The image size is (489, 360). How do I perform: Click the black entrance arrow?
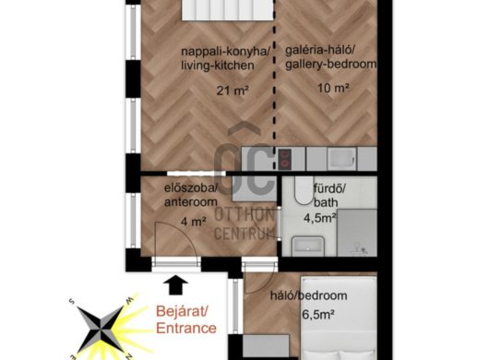[x=176, y=285]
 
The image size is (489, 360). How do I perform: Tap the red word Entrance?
[x=186, y=329]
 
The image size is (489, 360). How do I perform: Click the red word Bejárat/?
[x=182, y=311]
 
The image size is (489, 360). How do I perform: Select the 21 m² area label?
[x=233, y=90]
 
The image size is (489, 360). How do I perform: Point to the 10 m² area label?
[x=333, y=88]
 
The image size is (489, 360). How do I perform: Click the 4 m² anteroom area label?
[x=194, y=222]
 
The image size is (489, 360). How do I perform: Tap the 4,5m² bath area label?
[x=320, y=218]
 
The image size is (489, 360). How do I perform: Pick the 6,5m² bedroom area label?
[x=318, y=314]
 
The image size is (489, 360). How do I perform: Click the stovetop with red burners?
[x=284, y=159]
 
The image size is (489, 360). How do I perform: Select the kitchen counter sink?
[x=341, y=159]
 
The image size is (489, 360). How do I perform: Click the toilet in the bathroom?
[x=304, y=190]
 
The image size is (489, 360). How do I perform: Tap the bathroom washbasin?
[x=308, y=246]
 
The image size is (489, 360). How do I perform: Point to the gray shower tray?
[x=357, y=233]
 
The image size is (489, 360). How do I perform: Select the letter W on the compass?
[x=129, y=300]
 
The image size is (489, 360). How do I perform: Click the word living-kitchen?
[x=218, y=66]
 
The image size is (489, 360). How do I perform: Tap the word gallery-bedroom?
[x=331, y=64]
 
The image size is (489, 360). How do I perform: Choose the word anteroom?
[x=191, y=202]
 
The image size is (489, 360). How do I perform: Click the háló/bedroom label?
[x=308, y=295]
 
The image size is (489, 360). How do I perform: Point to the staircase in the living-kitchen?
[x=228, y=10]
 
